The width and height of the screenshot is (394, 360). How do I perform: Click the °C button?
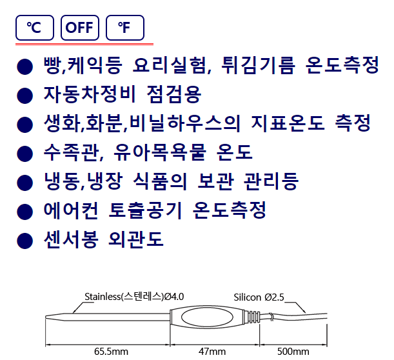click(35, 28)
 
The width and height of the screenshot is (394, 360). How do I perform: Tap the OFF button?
click(80, 28)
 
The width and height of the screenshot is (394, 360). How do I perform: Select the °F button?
click(125, 28)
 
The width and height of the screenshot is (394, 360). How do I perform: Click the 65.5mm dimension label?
click(111, 351)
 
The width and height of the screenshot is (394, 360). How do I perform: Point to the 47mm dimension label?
click(212, 351)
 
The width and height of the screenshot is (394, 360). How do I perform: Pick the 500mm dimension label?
click(293, 351)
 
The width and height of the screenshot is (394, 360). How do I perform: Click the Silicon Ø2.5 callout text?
click(259, 297)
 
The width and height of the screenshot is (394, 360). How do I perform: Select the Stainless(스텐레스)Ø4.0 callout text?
click(134, 297)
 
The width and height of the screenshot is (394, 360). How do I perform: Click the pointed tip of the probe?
click(46, 317)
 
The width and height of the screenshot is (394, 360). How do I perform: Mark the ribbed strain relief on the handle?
click(253, 317)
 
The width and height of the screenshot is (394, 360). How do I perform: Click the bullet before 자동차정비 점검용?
click(25, 95)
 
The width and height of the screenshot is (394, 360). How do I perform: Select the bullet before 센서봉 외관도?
click(25, 241)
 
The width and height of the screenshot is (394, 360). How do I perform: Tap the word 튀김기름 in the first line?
click(258, 65)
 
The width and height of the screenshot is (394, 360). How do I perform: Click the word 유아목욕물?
click(160, 152)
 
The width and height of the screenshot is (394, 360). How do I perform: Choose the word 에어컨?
click(70, 210)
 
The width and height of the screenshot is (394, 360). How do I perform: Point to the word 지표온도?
click(288, 123)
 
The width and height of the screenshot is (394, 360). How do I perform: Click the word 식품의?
click(159, 181)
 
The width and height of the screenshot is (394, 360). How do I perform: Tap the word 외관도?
click(135, 239)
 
